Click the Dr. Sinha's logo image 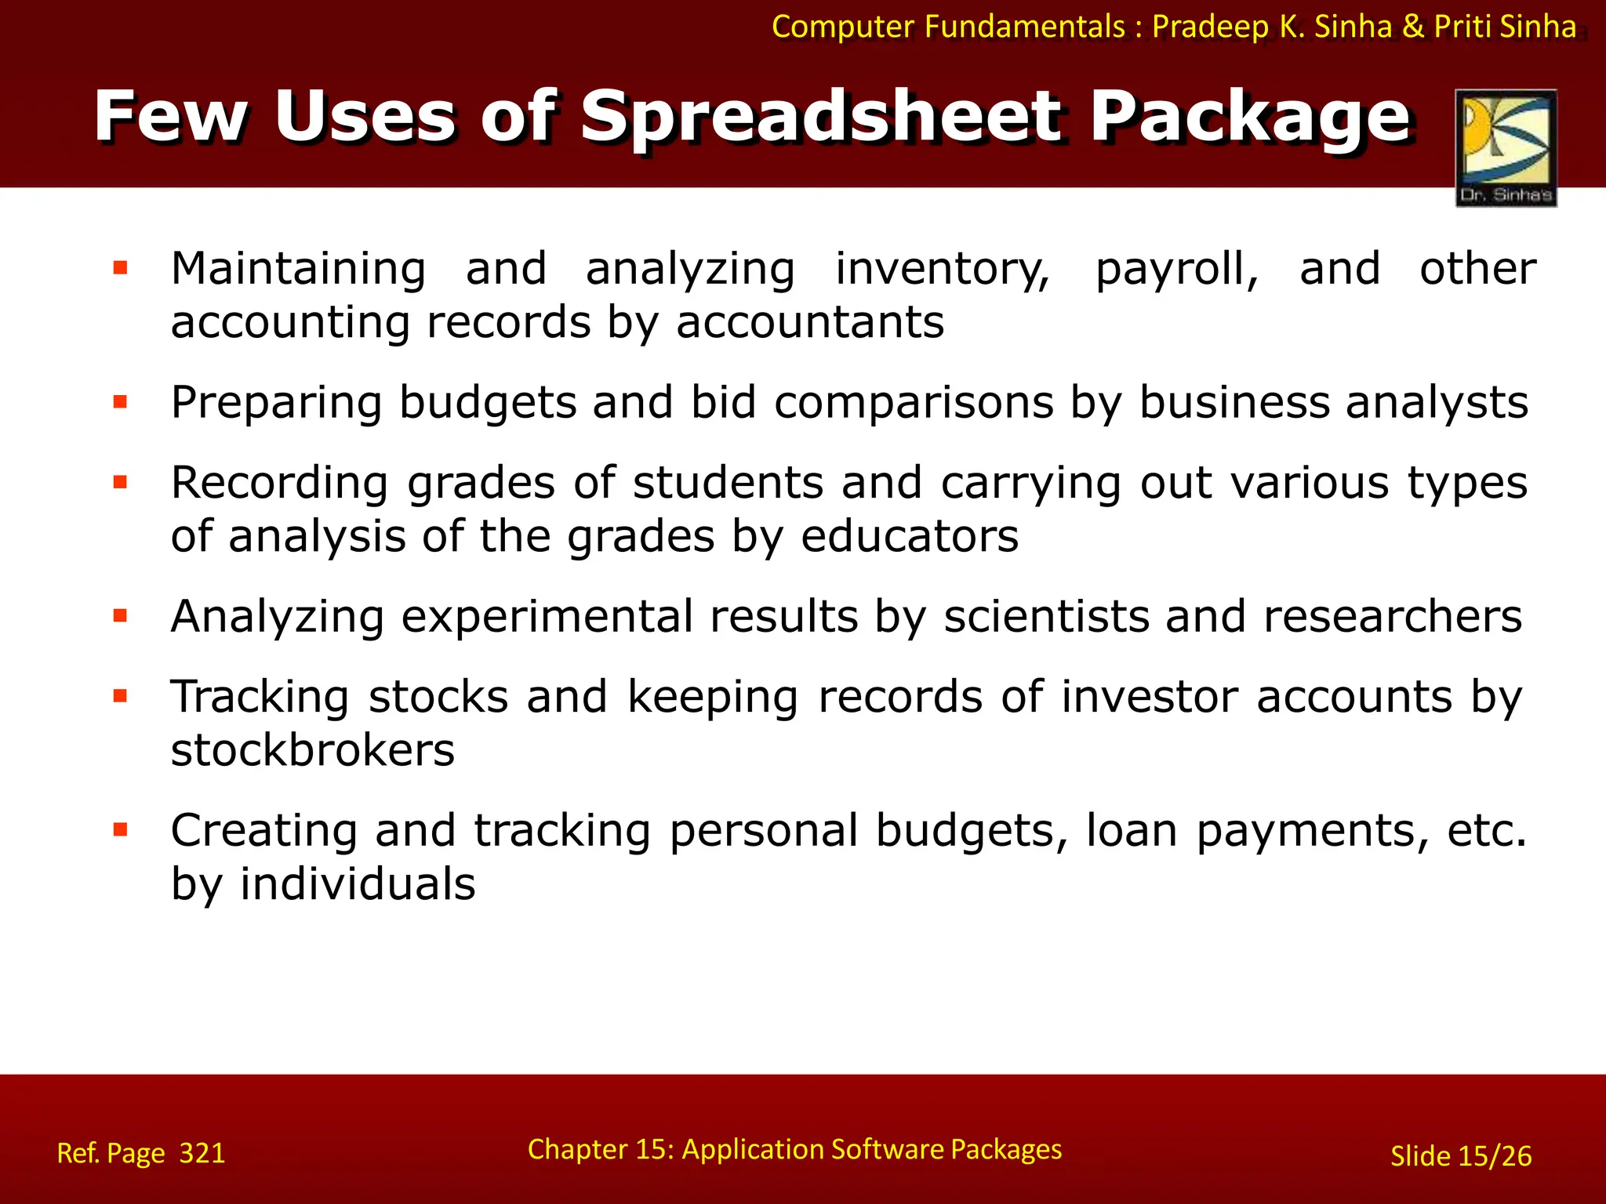click(x=1506, y=147)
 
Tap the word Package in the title click(x=1251, y=118)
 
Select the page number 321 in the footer click(x=202, y=1153)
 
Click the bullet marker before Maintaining click(x=120, y=269)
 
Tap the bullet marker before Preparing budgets click(x=120, y=403)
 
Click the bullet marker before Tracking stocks click(x=120, y=696)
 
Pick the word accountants click(x=810, y=323)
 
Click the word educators click(x=910, y=537)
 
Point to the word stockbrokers click(x=312, y=751)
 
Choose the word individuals click(x=358, y=885)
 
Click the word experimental click(x=547, y=617)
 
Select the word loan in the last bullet click(x=1131, y=831)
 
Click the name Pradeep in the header click(x=1210, y=27)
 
